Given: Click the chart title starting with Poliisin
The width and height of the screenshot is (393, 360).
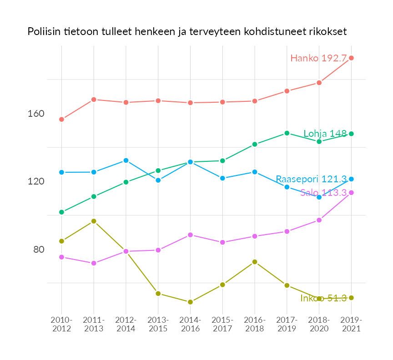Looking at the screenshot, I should click(187, 32).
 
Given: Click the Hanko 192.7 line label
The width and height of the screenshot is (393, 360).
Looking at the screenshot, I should click(318, 58).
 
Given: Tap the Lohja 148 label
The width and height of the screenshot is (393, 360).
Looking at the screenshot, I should click(325, 134).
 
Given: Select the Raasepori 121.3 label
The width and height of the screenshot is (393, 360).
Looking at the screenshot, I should click(311, 179).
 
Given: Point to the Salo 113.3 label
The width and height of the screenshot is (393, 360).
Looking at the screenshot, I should click(323, 193).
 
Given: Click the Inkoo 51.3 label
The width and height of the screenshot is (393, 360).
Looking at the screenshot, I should click(323, 298).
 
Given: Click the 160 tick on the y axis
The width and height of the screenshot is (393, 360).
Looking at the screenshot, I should click(36, 114).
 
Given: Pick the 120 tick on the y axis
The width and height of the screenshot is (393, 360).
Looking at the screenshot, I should click(36, 181).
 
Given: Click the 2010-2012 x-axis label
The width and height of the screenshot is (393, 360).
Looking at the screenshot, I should click(61, 325).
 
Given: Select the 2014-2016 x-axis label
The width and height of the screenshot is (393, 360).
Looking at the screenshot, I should click(190, 325).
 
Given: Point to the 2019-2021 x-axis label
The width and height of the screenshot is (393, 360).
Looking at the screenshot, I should click(351, 325).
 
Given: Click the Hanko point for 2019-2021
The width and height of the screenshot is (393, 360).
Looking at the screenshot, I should click(351, 58).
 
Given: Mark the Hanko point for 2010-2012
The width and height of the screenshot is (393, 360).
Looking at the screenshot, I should click(61, 119).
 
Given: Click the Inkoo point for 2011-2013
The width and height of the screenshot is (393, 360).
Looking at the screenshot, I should click(94, 221).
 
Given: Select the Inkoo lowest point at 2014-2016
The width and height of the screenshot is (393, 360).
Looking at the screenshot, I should click(190, 302).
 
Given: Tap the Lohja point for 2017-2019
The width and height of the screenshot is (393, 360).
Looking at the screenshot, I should click(287, 133).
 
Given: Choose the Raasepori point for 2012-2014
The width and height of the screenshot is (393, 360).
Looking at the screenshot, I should click(126, 160).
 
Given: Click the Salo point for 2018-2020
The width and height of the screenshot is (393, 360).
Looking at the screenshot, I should click(319, 220).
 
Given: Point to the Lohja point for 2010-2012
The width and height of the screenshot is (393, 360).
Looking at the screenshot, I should click(61, 212).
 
